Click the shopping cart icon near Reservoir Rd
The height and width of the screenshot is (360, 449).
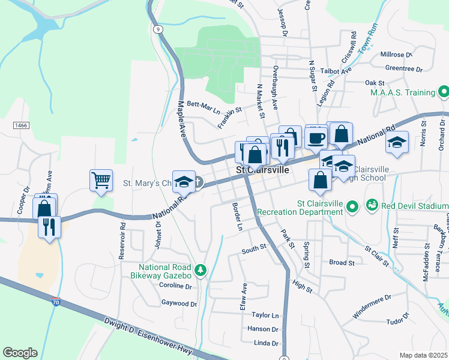click(101, 179)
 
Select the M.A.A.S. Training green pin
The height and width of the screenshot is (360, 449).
click(444, 92)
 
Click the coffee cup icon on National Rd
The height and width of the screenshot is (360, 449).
click(316, 138)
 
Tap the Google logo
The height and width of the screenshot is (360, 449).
click(20, 353)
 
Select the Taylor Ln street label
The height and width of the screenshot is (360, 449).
click(265, 315)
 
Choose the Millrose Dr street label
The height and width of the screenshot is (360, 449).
click(396, 55)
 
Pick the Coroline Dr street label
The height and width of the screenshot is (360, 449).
click(175, 287)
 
